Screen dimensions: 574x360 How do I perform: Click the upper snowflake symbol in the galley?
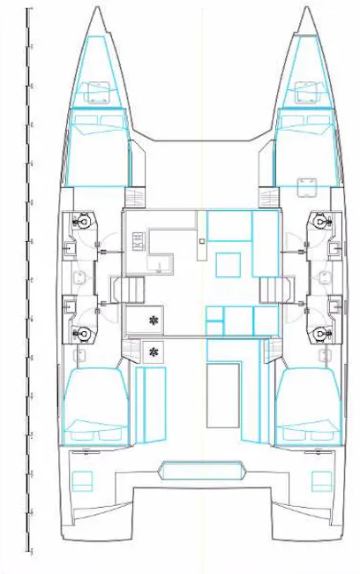click(154, 320)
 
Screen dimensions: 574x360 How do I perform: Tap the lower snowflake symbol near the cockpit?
click(154, 351)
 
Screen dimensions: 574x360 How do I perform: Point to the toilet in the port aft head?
click(82, 333)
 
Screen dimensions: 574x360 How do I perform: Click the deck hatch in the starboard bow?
click(307, 90)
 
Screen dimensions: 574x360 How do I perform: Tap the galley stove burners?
click(137, 239)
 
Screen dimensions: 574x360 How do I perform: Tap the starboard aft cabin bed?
click(309, 406)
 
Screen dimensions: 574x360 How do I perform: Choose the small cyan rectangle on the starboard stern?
click(319, 481)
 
